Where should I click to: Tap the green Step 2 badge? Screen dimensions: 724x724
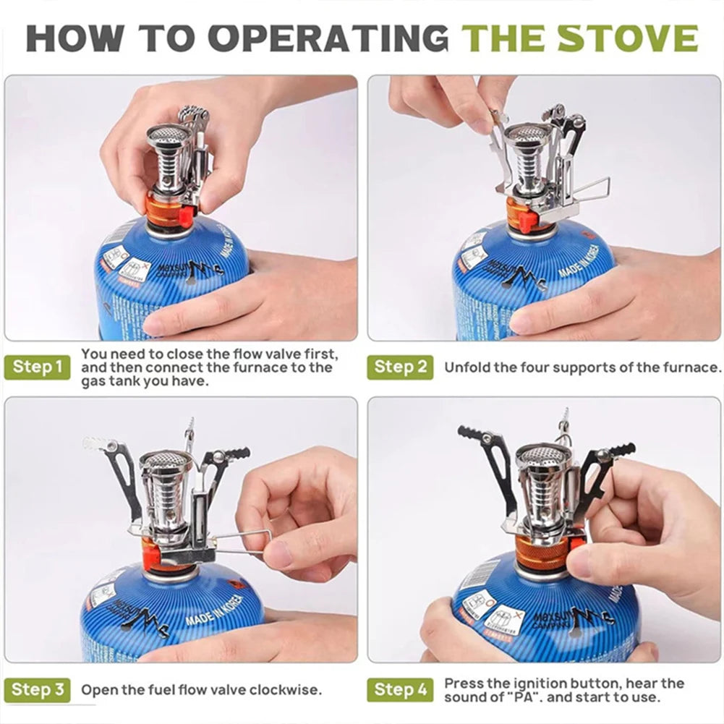(400, 367)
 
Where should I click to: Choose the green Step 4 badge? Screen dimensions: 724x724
(400, 689)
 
